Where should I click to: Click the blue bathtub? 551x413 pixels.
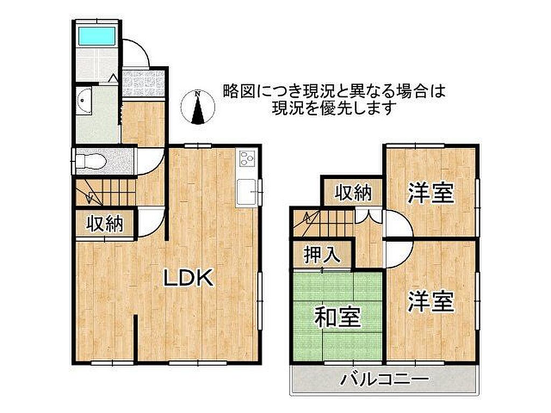97,36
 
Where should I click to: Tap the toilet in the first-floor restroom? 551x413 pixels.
91,161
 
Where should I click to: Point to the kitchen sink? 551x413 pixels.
247,192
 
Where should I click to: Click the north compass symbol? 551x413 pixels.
197,107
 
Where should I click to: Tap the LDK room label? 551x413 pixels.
188,278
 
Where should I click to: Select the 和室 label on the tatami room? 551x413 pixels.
337,317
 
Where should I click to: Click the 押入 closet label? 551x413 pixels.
322,255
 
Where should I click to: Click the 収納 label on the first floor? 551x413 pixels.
105,223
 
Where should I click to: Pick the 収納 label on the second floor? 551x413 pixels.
353,193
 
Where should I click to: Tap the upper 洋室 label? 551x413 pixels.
431,193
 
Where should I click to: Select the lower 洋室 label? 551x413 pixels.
431,301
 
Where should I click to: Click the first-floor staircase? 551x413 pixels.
106,192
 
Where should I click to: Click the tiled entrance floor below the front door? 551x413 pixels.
144,83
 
